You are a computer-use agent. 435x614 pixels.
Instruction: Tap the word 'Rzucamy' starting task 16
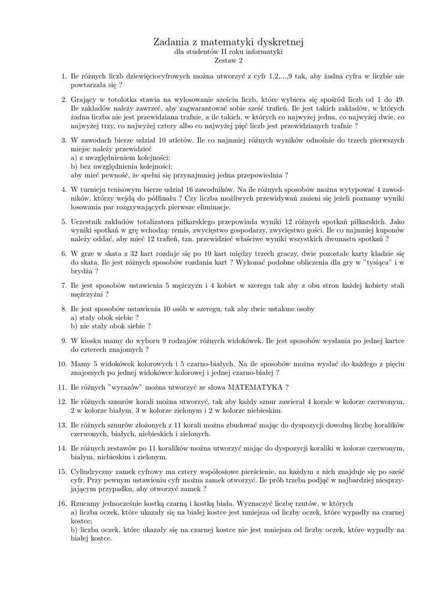coord(86,503)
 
